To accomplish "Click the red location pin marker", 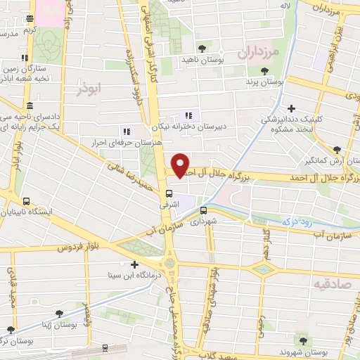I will point(181,165).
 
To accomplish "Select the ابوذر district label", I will point(91,89).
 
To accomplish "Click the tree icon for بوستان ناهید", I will point(202,48).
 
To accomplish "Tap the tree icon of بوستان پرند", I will point(264,70).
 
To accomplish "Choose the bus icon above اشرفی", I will point(169,193).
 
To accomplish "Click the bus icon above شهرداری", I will point(203,210).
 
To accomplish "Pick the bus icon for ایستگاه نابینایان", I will point(26,200).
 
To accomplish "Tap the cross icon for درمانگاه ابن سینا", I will point(134,264).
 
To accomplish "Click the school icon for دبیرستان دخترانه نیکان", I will point(188,115).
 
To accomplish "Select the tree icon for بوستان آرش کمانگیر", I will point(337,149).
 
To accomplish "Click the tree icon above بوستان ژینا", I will point(58,314).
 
